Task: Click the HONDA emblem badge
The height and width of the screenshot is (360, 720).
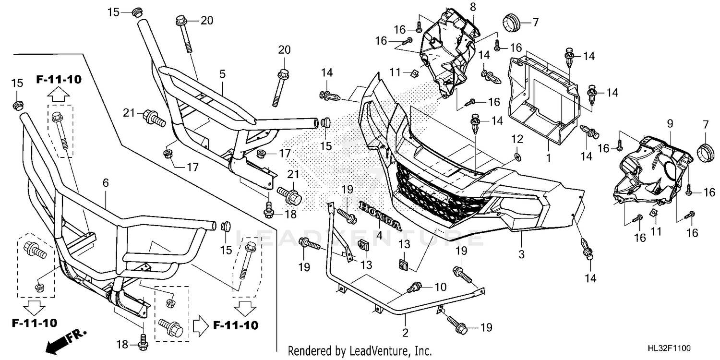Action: (380, 216)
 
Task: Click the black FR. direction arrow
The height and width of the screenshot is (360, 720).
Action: (66, 341)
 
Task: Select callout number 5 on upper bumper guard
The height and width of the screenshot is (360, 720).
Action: (222, 74)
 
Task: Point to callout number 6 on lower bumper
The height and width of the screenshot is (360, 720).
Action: (106, 183)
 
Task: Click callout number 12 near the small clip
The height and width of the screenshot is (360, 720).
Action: (517, 139)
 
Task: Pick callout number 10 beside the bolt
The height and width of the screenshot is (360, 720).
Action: (440, 287)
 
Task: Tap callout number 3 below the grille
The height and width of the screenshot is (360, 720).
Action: (521, 254)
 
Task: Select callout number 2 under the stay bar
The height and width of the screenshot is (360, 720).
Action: (405, 333)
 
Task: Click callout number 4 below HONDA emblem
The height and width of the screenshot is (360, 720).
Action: (379, 236)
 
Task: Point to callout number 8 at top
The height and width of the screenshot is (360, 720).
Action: (472, 7)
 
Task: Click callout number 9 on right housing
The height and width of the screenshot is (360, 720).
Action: (670, 123)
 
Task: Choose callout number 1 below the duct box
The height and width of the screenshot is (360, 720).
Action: (549, 158)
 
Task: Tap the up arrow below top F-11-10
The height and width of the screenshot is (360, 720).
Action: (58, 95)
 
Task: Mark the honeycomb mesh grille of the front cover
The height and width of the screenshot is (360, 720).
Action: (440, 193)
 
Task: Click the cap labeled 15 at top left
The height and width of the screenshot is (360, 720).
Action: (137, 13)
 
